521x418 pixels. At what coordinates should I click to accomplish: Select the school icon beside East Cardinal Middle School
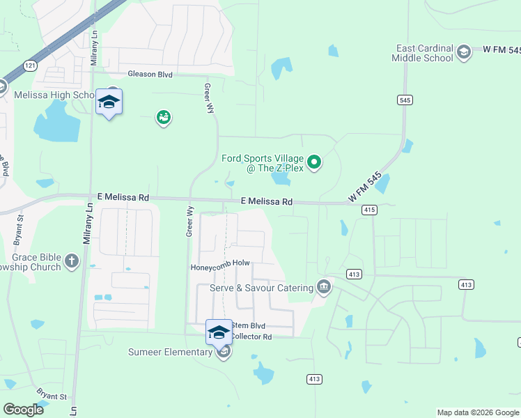(463, 52)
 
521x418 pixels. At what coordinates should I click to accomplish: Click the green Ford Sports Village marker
(315, 163)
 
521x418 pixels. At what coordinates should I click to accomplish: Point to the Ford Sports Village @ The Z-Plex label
(264, 162)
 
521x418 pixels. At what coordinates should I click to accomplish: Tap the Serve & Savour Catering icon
(324, 287)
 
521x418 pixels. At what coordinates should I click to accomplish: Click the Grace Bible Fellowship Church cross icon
(72, 261)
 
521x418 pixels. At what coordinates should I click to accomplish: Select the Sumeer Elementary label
(170, 352)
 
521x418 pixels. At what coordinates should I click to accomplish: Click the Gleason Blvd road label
(149, 74)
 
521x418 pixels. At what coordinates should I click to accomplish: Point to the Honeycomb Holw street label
(220, 265)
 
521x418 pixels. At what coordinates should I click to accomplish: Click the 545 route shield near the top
(405, 100)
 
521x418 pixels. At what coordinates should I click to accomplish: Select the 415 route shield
(369, 210)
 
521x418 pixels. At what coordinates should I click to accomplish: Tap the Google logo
(24, 410)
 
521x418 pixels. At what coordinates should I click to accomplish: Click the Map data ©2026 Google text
(477, 412)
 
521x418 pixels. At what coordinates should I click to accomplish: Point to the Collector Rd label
(251, 336)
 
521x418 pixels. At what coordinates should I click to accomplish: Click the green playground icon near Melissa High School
(164, 118)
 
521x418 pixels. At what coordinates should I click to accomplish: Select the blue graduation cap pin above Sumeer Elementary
(219, 331)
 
